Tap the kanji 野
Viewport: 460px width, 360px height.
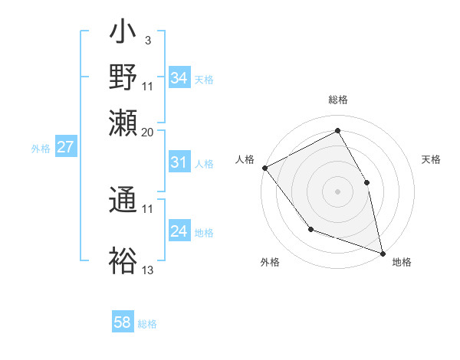tap(123, 78)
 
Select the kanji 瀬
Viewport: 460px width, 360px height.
tap(123, 122)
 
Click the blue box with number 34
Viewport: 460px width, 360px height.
tap(179, 78)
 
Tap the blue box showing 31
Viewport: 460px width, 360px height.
tap(179, 162)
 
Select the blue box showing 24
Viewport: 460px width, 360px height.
tap(179, 231)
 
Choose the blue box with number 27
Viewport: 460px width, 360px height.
tap(65, 147)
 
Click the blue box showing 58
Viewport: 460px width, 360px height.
tap(123, 322)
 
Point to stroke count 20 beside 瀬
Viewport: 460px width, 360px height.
tap(147, 133)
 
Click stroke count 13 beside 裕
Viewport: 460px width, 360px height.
tap(147, 270)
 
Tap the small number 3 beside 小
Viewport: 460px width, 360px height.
tap(147, 39)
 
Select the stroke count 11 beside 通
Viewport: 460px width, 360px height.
tap(147, 208)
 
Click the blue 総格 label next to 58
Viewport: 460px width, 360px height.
tap(147, 324)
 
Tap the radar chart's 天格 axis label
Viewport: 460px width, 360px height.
tap(431, 159)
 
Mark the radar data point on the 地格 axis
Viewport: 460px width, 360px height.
tap(383, 252)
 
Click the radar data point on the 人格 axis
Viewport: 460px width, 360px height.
tap(264, 168)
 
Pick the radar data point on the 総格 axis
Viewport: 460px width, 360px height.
tap(337, 130)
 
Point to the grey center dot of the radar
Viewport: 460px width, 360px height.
tap(337, 191)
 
